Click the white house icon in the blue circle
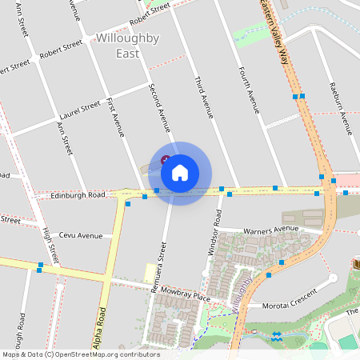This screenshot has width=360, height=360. pos(180,173)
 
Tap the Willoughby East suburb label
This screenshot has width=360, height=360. pos(127,46)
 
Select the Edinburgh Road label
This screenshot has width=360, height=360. pos(78,195)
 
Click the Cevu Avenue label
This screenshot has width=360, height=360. pos(81,235)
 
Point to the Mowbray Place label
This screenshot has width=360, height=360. pos(184,298)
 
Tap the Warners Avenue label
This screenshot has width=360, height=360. pos(270,230)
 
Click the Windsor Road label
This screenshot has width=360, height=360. pos(214,233)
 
